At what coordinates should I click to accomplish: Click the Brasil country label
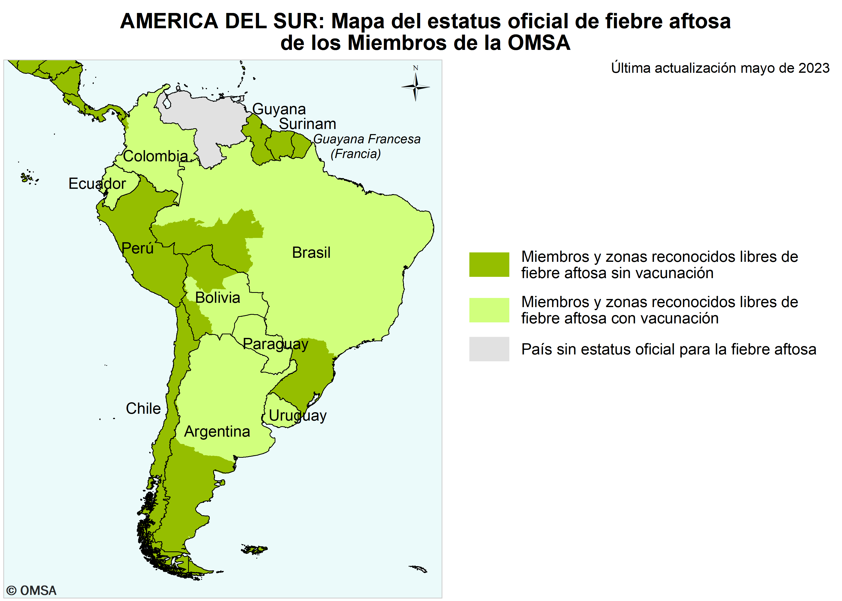click(311, 253)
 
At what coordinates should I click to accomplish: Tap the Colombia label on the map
click(156, 156)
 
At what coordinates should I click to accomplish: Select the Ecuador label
click(97, 183)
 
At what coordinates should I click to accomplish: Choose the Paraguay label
click(275, 344)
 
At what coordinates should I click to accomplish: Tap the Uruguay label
click(298, 416)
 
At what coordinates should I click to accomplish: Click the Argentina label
click(217, 432)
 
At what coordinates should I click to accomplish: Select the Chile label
click(143, 409)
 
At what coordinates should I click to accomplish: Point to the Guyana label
click(279, 109)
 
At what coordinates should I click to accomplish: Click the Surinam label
click(307, 124)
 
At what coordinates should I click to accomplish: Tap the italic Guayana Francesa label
click(367, 139)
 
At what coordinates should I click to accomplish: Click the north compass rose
click(416, 87)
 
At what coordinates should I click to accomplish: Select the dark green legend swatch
click(489, 265)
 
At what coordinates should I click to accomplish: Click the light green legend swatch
click(489, 310)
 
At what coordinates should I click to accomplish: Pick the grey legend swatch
click(489, 349)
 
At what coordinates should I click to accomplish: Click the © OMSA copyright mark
click(32, 590)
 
